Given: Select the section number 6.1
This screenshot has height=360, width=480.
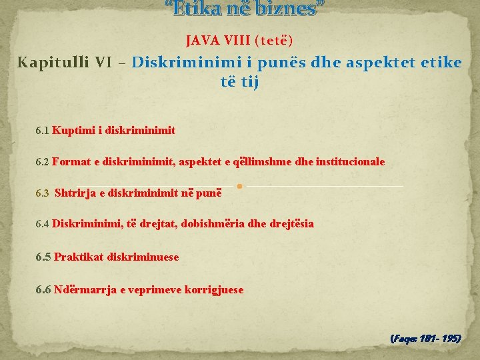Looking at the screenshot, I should click(42, 131).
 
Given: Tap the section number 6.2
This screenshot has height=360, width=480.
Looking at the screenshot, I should click(42, 162).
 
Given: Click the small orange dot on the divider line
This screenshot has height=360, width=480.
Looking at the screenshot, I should click(239, 186).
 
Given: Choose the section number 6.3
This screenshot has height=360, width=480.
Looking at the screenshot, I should click(43, 193).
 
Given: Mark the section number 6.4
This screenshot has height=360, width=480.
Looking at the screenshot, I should click(42, 225).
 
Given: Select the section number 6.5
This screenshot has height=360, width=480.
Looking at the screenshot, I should click(43, 257).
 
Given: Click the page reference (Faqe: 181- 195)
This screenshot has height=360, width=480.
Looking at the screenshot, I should click(425, 339).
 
